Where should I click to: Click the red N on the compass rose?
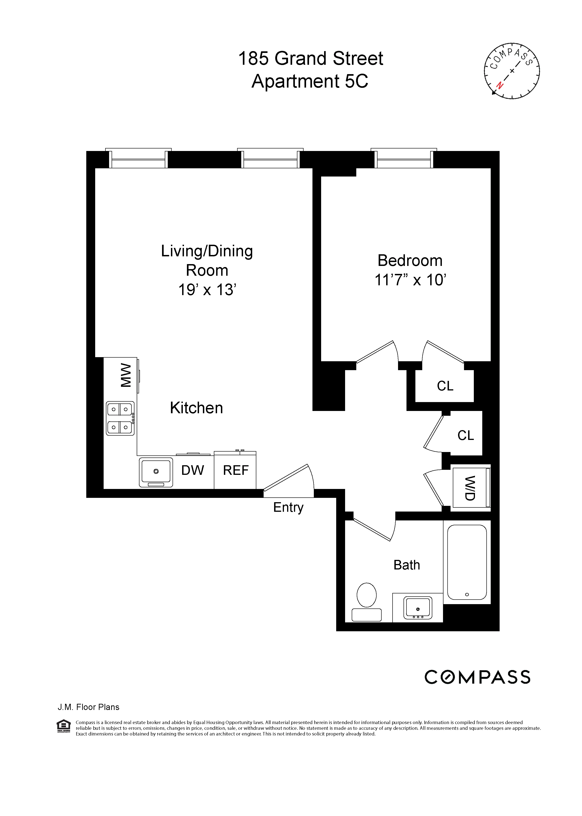coord(499,85)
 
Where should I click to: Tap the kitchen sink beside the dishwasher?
coord(156,472)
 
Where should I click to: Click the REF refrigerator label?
coord(236,470)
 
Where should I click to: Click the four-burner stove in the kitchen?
coord(120,418)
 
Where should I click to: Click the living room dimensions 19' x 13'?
coord(207,290)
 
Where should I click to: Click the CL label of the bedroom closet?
coord(445,386)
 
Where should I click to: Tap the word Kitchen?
coord(196,408)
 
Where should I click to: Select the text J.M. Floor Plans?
coord(89,707)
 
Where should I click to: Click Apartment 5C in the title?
coord(310,81)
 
